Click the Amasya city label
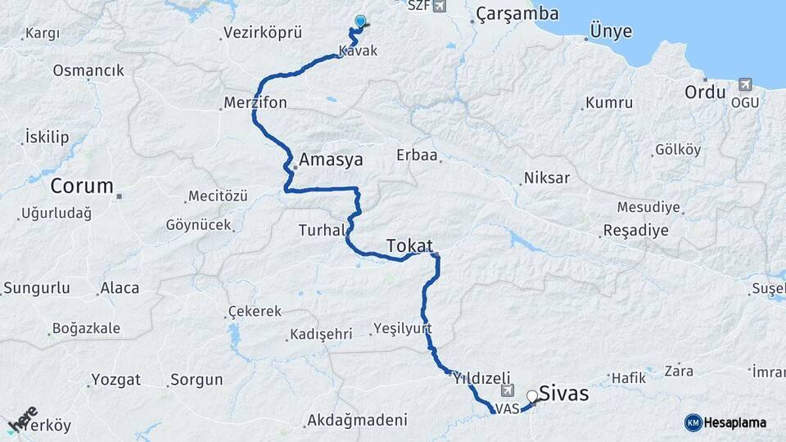point(331,160)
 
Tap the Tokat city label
point(409,244)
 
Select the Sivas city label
point(565,394)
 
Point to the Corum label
point(82,186)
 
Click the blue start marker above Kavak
point(359,21)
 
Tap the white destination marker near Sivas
point(533,396)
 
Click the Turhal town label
point(323,231)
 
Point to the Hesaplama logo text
point(734,422)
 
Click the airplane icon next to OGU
point(745,84)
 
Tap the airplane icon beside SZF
point(440,6)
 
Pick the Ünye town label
point(610,32)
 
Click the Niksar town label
point(547,178)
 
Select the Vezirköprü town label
point(262,34)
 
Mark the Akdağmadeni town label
point(356,421)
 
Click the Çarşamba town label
point(517,13)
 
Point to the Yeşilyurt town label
point(402,327)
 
